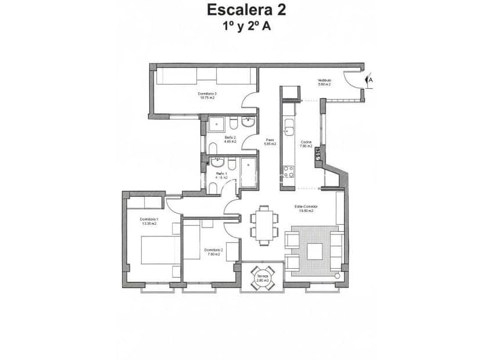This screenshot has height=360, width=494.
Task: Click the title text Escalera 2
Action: click(246, 10)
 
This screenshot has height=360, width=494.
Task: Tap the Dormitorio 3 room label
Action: click(207, 95)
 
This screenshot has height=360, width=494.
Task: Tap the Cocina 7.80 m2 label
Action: click(306, 144)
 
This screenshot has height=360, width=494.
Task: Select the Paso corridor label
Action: click(270, 142)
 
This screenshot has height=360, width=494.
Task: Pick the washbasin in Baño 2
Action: click(249, 122)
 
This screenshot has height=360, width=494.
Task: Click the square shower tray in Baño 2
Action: click(217, 124)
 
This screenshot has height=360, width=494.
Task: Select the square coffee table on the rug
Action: click(315, 251)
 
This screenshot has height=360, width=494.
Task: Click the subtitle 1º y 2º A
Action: click(246, 26)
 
